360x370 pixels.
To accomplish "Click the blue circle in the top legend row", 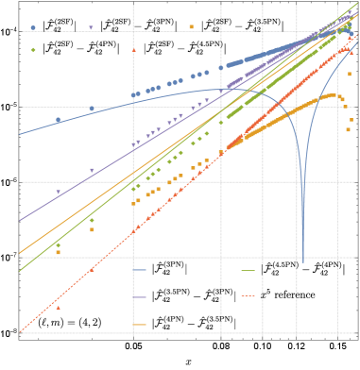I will (x=33, y=27).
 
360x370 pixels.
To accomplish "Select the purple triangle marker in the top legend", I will (x=91, y=27).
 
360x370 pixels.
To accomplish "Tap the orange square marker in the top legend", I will (x=192, y=27).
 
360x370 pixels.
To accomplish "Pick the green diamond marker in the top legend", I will (x=33, y=50).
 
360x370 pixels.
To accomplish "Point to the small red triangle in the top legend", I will (x=133, y=50).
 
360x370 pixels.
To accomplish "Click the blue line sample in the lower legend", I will (x=140, y=270).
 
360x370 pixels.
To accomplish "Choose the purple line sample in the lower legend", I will (x=140, y=296).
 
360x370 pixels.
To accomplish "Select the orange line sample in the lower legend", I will (x=140, y=324).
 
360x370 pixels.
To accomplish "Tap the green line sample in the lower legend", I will (x=249, y=270).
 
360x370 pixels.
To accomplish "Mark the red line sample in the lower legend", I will (x=249, y=296).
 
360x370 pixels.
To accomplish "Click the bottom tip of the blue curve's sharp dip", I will (x=302, y=261).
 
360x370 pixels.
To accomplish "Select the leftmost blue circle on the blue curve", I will (x=59, y=120).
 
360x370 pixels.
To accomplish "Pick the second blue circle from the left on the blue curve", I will (x=92, y=109).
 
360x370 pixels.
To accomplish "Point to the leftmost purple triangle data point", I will (x=59, y=193).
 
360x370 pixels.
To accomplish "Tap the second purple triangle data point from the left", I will (x=92, y=170).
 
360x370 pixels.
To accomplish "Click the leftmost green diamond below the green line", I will (x=59, y=245).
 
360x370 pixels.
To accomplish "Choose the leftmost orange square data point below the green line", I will (x=59, y=252).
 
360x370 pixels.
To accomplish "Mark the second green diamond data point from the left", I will (x=92, y=221).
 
